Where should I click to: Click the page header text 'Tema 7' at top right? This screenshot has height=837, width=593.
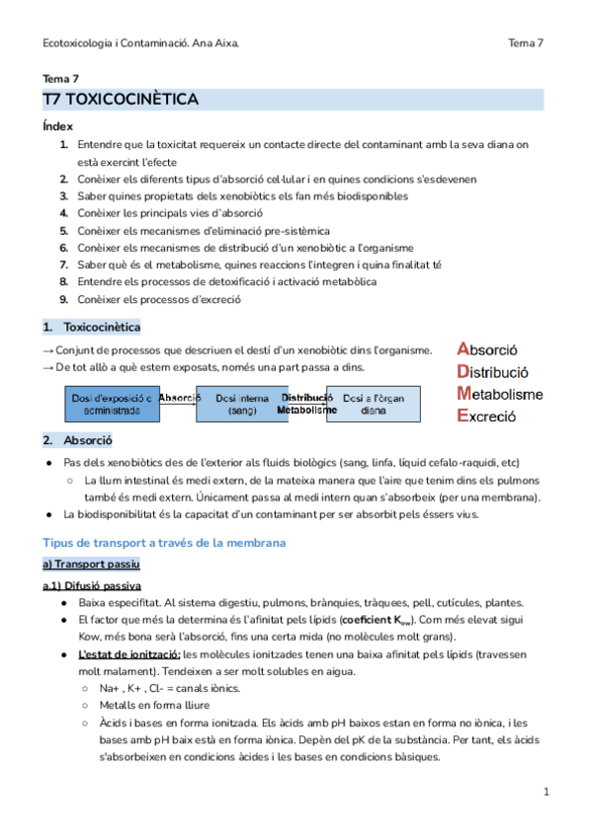526,43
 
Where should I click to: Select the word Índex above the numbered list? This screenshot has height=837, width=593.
57,126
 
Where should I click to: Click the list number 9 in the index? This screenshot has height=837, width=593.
63,300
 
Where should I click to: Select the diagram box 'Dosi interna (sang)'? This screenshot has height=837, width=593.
242,404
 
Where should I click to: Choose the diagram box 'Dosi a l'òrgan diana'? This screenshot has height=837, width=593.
373,404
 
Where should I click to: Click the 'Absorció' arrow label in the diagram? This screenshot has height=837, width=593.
180,398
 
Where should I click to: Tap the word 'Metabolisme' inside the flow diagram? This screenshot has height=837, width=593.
306,409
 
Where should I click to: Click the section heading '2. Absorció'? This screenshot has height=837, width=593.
77,440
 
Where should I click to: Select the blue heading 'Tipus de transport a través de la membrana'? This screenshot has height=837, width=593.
163,543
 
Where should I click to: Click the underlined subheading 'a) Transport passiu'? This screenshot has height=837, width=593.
91,564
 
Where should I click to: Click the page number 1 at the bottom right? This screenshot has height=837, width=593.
546,793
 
